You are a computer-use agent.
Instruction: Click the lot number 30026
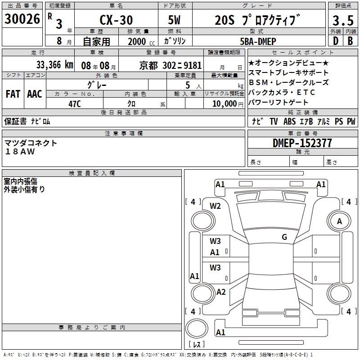point(22,19)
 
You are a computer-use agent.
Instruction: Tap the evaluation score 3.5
point(343,21)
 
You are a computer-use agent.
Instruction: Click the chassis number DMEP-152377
point(302,143)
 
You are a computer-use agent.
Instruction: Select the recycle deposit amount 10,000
point(224,103)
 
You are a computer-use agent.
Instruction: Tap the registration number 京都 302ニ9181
point(171,65)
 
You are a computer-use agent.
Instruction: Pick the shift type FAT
point(13,94)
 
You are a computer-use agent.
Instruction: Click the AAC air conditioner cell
point(35,94)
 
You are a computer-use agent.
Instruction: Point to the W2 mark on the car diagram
point(216,206)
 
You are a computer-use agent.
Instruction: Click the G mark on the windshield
point(284,237)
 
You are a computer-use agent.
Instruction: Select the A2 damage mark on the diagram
point(220,292)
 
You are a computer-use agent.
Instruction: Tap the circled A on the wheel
point(340,221)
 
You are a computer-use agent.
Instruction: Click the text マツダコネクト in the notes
point(31,143)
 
